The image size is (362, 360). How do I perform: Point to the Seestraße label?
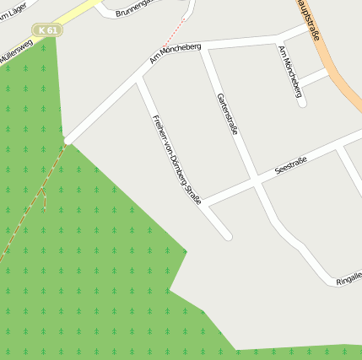tap(290, 165)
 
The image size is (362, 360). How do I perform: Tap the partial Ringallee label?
tap(348, 277)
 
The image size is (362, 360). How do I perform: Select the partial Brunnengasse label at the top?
tap(135, 8)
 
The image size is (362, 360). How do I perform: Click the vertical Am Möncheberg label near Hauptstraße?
tap(290, 71)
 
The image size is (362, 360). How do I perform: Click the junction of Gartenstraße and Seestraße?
tap(255, 181)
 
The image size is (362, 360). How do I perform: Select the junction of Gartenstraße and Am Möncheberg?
tap(203, 49)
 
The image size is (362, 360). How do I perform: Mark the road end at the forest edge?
tap(66, 140)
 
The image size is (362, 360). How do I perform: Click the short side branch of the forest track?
tap(43, 199)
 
